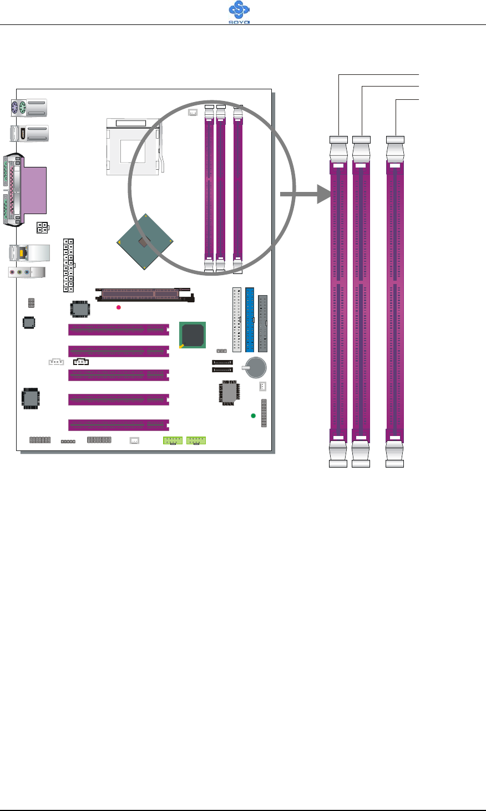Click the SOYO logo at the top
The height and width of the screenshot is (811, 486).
[x=239, y=12]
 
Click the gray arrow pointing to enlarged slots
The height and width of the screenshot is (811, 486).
[x=305, y=194]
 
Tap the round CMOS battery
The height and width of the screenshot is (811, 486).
[x=256, y=367]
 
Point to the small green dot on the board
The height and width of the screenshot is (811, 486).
[x=254, y=416]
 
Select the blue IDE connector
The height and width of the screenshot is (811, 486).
[x=250, y=320]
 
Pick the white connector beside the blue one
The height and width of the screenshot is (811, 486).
[x=237, y=320]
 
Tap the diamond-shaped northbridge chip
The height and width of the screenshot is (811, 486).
[x=144, y=242]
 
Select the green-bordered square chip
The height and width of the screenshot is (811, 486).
[x=193, y=335]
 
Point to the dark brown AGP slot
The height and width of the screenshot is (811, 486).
[x=144, y=294]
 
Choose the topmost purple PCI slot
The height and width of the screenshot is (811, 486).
[x=118, y=330]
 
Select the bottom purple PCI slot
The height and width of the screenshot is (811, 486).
[x=118, y=425]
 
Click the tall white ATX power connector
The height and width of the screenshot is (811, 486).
[x=68, y=265]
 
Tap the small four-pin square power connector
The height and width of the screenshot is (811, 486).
[x=42, y=227]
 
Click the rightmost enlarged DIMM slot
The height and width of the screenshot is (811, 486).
[x=395, y=302]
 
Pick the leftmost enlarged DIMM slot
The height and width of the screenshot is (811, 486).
[x=338, y=302]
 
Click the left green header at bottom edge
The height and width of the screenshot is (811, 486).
[x=173, y=440]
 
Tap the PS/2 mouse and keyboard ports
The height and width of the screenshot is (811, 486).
[x=20, y=108]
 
